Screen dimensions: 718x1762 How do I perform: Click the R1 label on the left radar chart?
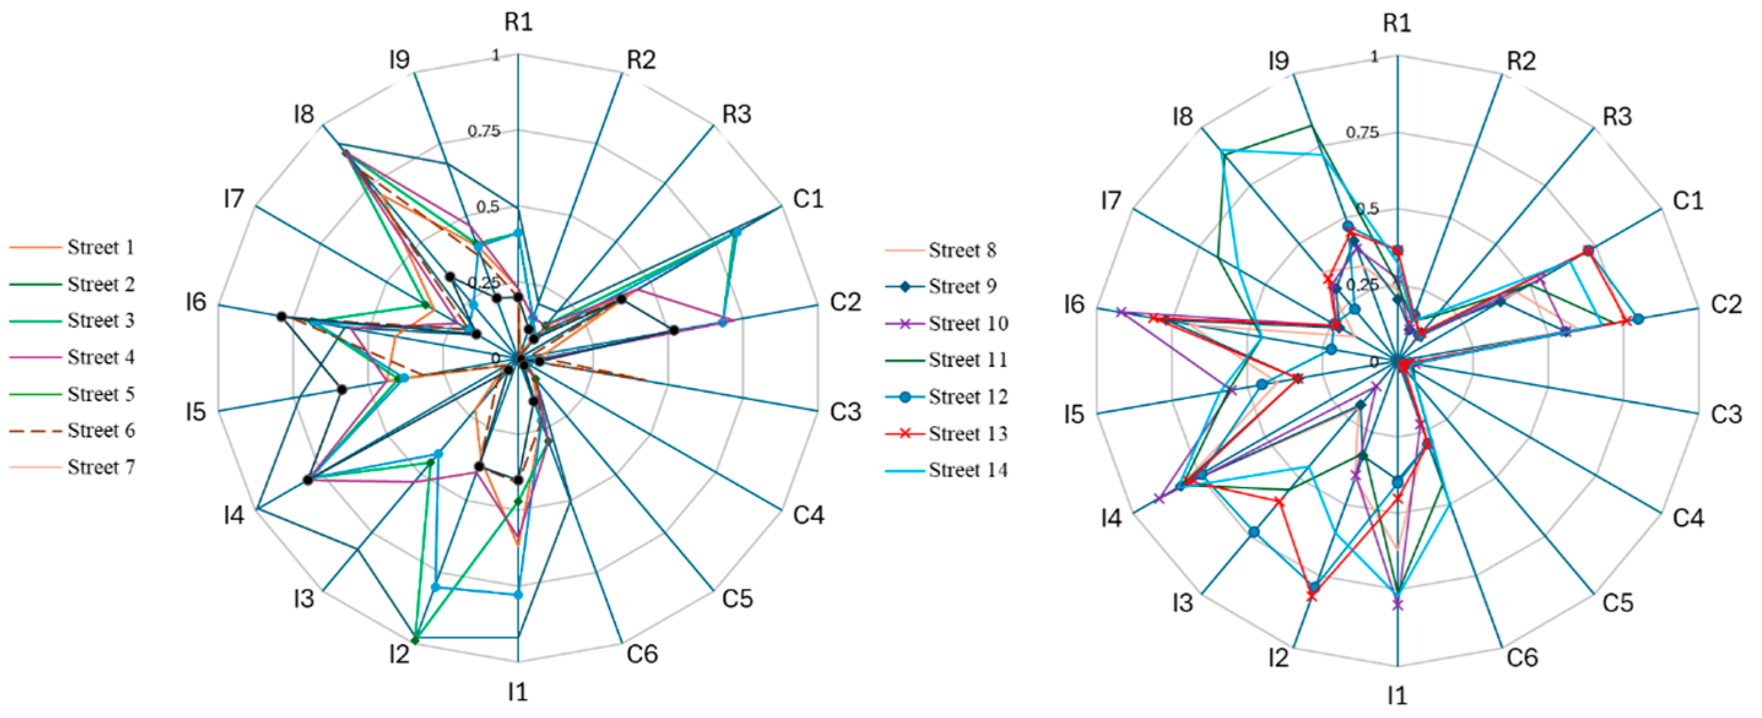tap(519, 23)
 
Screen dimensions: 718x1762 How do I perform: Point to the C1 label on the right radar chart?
tap(1687, 201)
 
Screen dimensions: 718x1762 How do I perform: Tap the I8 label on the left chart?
tap(303, 114)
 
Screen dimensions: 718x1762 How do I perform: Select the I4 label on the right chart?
tap(1112, 518)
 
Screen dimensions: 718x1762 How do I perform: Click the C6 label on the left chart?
tap(643, 654)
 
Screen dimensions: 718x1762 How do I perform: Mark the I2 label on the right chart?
tap(1278, 658)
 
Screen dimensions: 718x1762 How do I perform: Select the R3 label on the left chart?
tap(737, 114)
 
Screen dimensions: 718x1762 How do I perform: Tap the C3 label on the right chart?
tap(1726, 414)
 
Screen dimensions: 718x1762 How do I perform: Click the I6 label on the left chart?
tap(196, 302)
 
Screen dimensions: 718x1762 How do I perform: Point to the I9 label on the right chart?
tap(1278, 61)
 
